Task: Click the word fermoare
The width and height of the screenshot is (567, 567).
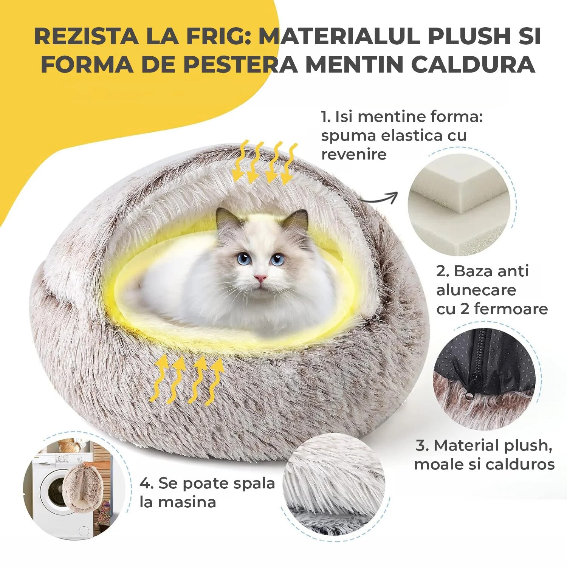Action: pos(511,309)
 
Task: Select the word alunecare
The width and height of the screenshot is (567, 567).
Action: pos(476,290)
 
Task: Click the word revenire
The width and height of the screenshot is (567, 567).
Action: pos(354,154)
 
